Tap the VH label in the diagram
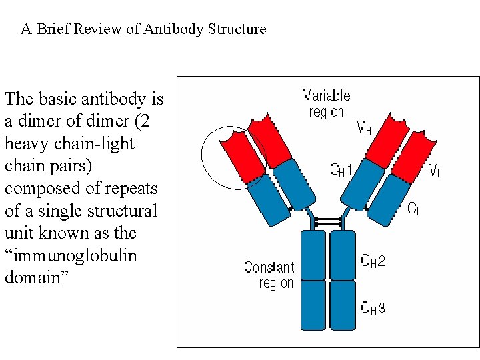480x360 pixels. point(365,128)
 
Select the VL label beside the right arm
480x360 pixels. point(436,171)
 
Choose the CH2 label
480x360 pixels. point(373,261)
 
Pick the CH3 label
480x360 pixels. point(373,307)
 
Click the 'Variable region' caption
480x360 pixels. point(326,104)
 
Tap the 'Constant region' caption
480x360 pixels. point(269,275)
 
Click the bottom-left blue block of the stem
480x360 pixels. point(314,303)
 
